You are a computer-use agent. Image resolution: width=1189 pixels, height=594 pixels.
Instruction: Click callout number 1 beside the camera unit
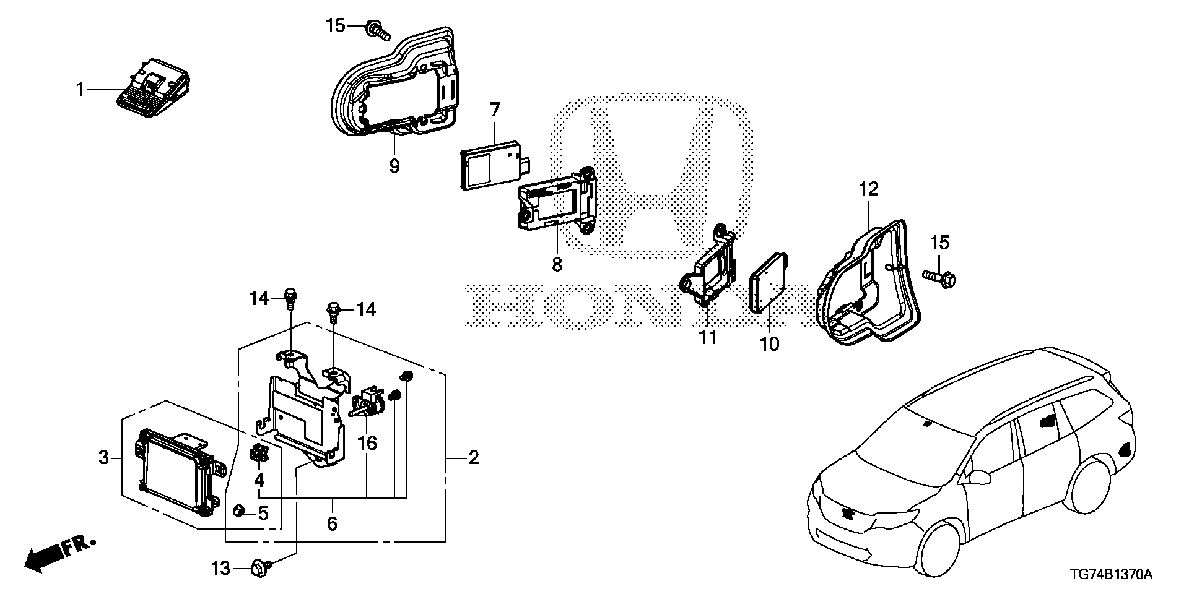(79, 90)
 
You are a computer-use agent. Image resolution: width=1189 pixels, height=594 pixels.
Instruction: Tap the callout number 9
(394, 166)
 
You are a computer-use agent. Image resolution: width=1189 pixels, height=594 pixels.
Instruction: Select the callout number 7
(494, 111)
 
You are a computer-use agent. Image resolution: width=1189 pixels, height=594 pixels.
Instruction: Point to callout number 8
(557, 264)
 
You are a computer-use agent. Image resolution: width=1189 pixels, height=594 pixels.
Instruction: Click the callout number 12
(869, 189)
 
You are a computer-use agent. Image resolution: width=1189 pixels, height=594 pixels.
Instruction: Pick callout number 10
(770, 343)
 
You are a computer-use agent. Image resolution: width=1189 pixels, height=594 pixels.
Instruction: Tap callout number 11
(708, 338)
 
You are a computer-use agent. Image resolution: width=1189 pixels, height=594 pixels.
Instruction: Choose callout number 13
(221, 568)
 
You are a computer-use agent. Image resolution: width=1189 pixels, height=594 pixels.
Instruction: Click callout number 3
(103, 458)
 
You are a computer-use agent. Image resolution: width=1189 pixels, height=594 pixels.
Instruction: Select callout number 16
(367, 443)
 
